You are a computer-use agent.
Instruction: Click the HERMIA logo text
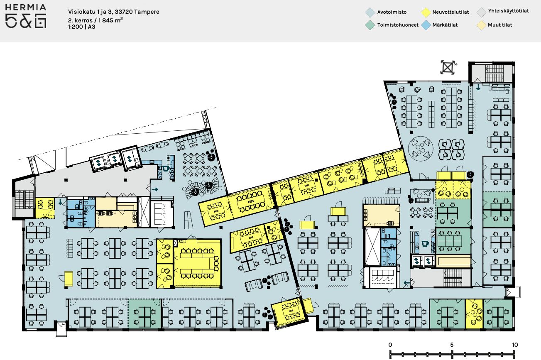pyautogui.click(x=26, y=7)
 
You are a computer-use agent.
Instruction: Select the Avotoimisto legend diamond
pyautogui.click(x=370, y=12)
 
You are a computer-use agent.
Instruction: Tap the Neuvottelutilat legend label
pyautogui.click(x=450, y=12)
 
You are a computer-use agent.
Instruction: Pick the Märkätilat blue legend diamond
pyautogui.click(x=426, y=25)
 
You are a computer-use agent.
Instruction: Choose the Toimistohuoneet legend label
pyautogui.click(x=398, y=25)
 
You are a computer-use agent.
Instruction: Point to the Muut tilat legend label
pyautogui.click(x=500, y=25)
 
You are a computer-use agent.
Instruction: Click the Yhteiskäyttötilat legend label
pyautogui.click(x=508, y=11)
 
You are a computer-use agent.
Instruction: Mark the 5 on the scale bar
pyautogui.click(x=452, y=345)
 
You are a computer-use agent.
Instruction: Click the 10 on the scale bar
pyautogui.click(x=515, y=345)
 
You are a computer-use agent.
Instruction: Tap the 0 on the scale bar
pyautogui.click(x=390, y=345)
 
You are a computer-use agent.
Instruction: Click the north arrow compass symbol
pyautogui.click(x=448, y=67)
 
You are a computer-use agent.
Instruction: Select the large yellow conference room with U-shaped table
pyautogui.click(x=197, y=263)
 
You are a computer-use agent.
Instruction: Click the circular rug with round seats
pyautogui.click(x=421, y=149)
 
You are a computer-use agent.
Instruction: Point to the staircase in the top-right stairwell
pyautogui.click(x=494, y=73)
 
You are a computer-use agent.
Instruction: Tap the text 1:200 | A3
pyautogui.click(x=82, y=27)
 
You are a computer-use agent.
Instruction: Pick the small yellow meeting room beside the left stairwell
pyautogui.click(x=45, y=208)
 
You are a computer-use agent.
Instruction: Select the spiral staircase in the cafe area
pyautogui.click(x=202, y=189)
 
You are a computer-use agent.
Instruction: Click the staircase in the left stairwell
pyautogui.click(x=24, y=199)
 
